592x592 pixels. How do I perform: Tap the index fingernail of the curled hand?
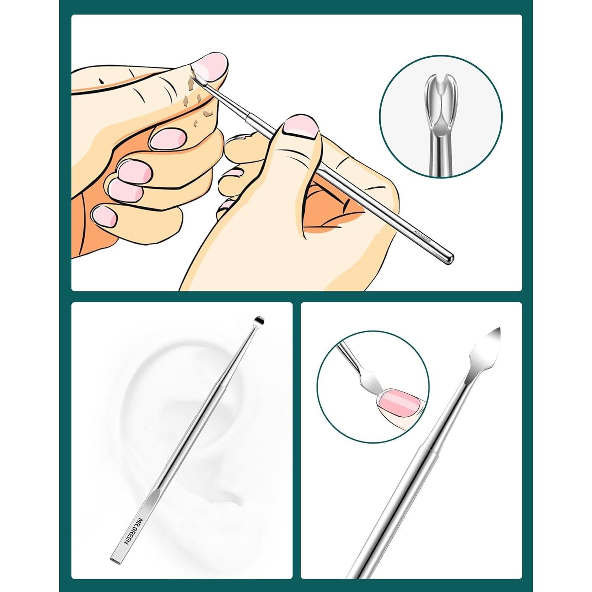(169, 139)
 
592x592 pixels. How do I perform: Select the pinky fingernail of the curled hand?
(105, 216)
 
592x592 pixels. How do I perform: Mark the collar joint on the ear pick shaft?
(219, 384)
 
